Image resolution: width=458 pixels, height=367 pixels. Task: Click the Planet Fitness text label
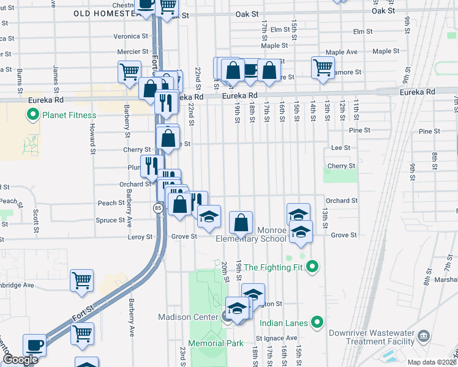pyautogui.click(x=69, y=115)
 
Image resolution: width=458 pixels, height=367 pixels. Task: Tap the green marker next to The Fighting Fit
pyautogui.click(x=312, y=267)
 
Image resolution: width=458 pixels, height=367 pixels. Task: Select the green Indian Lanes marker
pyautogui.click(x=317, y=322)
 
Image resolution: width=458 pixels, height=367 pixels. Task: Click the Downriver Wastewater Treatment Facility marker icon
pyautogui.click(x=426, y=337)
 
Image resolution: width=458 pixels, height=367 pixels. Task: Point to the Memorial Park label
pyautogui.click(x=216, y=343)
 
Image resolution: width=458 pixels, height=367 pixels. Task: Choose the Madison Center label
pyautogui.click(x=188, y=317)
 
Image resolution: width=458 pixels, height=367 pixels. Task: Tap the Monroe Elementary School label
pyautogui.click(x=250, y=234)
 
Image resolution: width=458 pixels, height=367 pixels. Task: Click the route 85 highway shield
pyautogui.click(x=157, y=209)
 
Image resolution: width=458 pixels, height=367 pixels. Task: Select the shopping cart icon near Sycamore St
pyautogui.click(x=323, y=67)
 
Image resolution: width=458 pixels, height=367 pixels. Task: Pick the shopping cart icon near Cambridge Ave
pyautogui.click(x=81, y=280)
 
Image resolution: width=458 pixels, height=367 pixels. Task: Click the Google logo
pyautogui.click(x=20, y=360)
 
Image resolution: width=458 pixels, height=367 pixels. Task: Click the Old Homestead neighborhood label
pyautogui.click(x=111, y=13)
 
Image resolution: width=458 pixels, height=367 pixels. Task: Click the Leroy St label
pyautogui.click(x=140, y=237)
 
